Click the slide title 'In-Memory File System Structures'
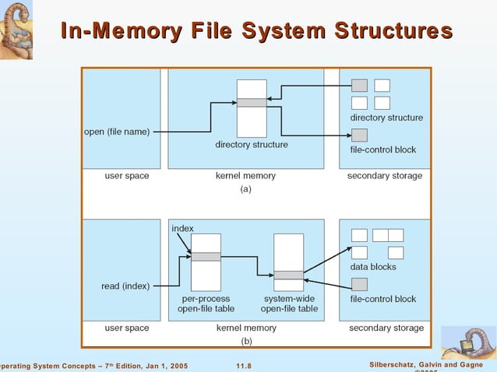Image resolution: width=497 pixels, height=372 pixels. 256,31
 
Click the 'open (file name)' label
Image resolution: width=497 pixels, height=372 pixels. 117,132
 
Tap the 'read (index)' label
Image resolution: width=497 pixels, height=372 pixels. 126,286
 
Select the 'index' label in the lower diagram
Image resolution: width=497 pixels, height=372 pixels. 182,228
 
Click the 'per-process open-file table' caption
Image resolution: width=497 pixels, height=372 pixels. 206,304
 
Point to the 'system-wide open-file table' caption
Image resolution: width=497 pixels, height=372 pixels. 288,304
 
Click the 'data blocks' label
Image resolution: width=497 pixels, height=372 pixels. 372,267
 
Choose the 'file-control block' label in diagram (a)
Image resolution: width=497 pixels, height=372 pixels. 383,149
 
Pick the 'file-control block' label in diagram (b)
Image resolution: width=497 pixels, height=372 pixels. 383,299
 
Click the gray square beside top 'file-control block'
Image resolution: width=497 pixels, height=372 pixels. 359,135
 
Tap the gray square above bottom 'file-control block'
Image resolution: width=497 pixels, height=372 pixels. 359,284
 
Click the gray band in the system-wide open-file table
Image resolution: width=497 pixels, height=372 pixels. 288,275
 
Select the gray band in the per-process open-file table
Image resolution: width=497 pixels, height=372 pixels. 206,257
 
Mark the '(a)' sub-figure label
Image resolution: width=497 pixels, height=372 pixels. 245,188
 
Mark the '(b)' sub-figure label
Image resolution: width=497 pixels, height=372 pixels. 246,341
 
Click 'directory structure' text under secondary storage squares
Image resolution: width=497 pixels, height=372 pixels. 386,118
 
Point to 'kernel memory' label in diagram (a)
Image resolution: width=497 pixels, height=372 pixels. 245,176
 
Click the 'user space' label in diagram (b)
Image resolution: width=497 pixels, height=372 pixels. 127,328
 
